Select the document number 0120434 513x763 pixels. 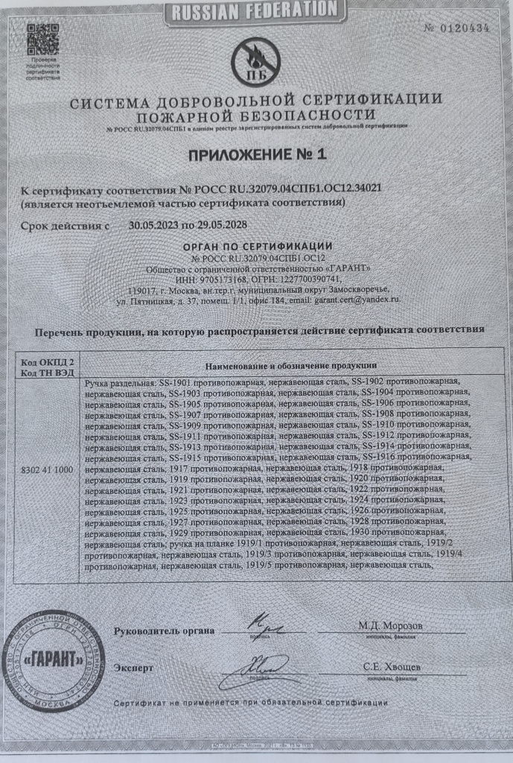(x=463, y=28)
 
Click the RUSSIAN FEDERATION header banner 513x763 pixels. (x=255, y=10)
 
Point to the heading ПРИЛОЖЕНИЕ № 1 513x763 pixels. (x=257, y=154)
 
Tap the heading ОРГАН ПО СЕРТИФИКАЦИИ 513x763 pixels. (x=257, y=247)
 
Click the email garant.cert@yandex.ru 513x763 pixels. (x=360, y=299)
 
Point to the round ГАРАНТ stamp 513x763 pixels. (x=54, y=659)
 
